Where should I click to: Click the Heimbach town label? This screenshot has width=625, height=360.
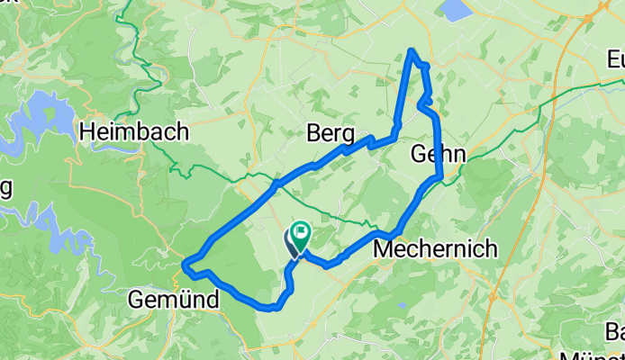[x=134, y=132]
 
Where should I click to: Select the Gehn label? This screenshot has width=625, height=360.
[x=438, y=154]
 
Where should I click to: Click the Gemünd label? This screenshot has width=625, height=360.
[x=174, y=300]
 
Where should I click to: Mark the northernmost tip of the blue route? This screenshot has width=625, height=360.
[x=412, y=50]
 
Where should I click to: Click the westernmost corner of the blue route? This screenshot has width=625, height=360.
[x=185, y=265]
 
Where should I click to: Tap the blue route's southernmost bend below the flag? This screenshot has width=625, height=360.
[x=268, y=308]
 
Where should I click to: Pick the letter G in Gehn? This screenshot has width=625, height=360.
[x=417, y=154]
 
